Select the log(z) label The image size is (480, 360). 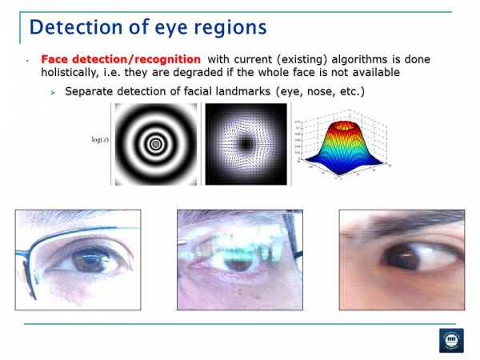[99, 139]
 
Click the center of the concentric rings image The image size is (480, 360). [154, 145]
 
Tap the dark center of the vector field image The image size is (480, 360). [245, 144]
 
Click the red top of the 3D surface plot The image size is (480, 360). [344, 126]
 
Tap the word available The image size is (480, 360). [371, 73]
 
